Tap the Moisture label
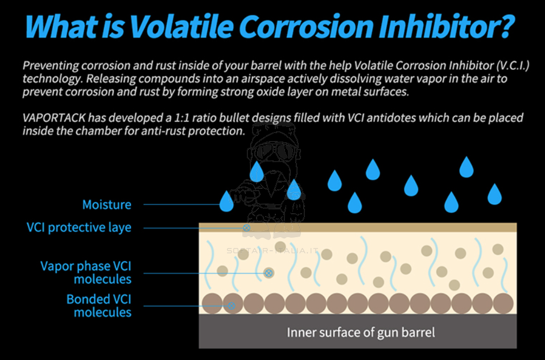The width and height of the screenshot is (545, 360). [107, 205]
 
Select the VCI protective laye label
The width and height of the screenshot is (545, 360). [79, 227]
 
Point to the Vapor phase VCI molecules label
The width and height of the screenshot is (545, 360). [86, 272]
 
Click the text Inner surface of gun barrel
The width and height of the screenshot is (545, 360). [361, 332]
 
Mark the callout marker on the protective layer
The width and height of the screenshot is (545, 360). [246, 227]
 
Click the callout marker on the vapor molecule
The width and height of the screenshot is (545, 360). [269, 273]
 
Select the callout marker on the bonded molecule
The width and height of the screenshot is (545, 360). [232, 305]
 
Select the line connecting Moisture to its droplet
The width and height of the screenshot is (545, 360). [181, 204]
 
